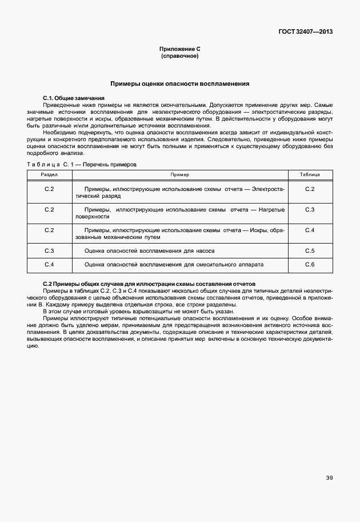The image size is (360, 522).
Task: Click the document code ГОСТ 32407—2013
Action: [x=305, y=32]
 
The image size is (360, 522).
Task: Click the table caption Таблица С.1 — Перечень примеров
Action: [x=82, y=164]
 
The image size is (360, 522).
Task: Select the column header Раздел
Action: [x=49, y=174]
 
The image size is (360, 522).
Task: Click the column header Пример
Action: [x=179, y=174]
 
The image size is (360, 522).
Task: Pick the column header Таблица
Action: [x=310, y=174]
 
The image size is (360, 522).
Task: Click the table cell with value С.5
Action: [x=310, y=251]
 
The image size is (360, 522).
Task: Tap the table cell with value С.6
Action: [x=310, y=265]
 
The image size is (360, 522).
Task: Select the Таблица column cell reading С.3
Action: [x=310, y=210]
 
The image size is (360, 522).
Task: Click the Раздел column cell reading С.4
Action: [x=49, y=265]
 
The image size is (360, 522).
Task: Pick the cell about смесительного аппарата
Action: [x=174, y=265]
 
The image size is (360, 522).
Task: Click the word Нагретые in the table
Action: [x=271, y=210]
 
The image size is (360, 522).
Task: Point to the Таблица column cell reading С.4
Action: [x=310, y=230]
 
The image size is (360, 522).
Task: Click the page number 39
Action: [x=329, y=478]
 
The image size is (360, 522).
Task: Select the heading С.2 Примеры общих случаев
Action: [x=149, y=284]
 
